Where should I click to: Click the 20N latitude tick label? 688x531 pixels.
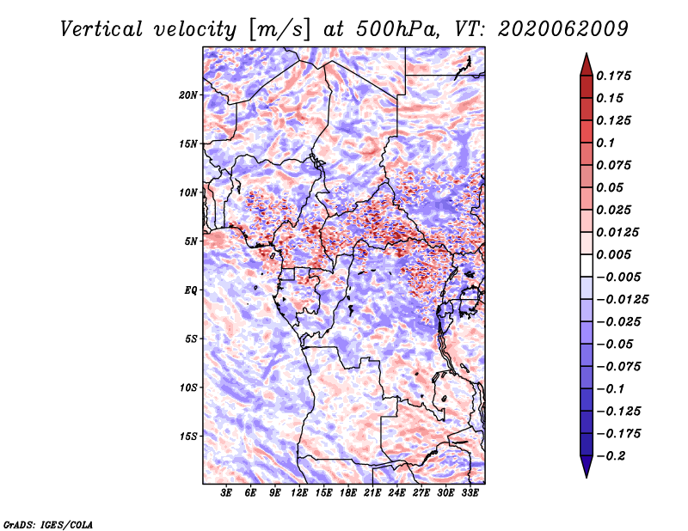(188, 95)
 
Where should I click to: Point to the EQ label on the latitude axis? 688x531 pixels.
(191, 290)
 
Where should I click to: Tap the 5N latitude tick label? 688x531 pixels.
(191, 241)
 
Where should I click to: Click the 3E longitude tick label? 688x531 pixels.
(226, 493)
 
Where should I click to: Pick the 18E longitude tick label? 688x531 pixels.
(348, 493)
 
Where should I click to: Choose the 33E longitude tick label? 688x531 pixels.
(470, 493)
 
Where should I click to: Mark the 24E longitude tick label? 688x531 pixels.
(396, 493)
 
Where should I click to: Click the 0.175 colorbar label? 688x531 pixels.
(613, 76)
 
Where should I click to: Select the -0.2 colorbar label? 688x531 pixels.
(611, 456)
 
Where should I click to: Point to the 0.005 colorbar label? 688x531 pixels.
(613, 254)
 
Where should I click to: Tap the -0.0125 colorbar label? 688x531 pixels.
(622, 300)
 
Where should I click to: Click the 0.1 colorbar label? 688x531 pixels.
(605, 143)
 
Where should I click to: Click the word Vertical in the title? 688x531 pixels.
(101, 29)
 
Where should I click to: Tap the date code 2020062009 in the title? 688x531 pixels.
(563, 29)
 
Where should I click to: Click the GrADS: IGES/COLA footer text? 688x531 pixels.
(48, 525)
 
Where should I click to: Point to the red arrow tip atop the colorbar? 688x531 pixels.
(587, 54)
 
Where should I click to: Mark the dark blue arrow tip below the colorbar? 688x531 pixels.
(587, 477)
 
